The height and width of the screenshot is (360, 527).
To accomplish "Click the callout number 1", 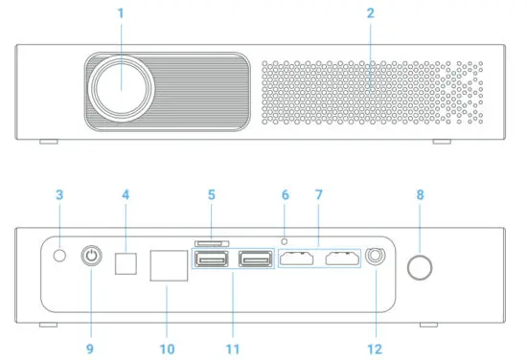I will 121,12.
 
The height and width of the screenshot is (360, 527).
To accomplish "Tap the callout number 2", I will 370,12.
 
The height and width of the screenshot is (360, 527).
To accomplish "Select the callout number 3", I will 58,195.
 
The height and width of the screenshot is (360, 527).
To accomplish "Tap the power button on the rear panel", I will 92,258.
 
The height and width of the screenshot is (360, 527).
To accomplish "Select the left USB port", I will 211,259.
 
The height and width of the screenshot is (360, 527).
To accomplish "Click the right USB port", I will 254,259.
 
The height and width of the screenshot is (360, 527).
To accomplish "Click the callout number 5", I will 211,195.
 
